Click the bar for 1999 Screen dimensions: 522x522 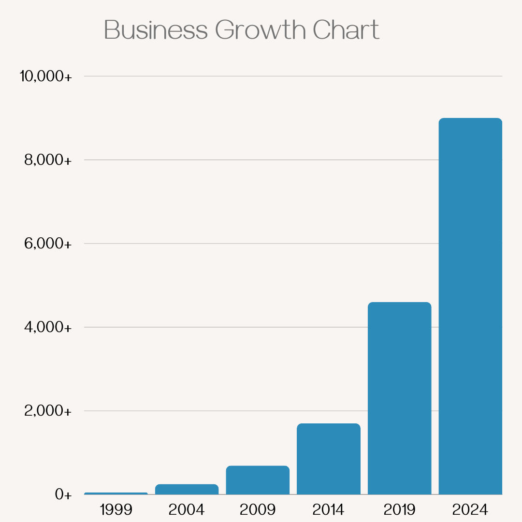point(116,493)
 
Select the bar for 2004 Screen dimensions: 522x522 point(187,489)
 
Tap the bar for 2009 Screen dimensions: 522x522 point(258,480)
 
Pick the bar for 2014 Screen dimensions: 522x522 point(329,459)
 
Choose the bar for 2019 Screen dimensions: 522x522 point(399,398)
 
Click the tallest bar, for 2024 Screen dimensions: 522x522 point(470,306)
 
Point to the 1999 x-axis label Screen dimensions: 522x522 point(116,509)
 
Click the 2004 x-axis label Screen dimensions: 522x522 point(187,509)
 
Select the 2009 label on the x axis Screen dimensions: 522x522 point(258,509)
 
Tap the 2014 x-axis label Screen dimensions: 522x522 point(329,509)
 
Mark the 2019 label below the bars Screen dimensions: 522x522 point(399,509)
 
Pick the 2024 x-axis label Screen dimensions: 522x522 point(470,509)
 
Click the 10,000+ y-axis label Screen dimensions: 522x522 point(45,76)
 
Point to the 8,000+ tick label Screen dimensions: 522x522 point(48,160)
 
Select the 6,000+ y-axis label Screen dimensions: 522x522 point(48,244)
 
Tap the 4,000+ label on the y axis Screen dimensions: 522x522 point(48,327)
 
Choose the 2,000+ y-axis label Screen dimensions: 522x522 point(48,411)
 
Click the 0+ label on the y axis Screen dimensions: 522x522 point(63,494)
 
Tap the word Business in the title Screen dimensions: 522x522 point(156,30)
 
